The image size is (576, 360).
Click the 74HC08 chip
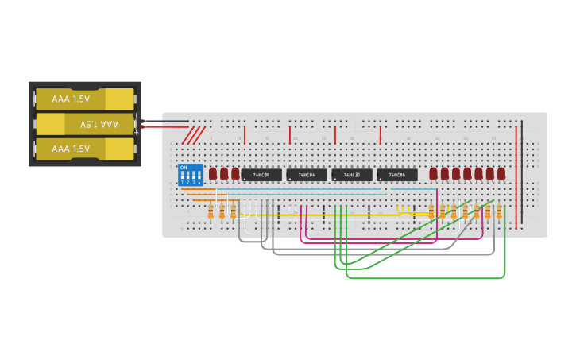(261, 175)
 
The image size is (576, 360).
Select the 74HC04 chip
(307, 175)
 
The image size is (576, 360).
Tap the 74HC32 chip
(352, 175)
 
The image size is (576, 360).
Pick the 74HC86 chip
(397, 175)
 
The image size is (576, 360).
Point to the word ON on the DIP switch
(184, 168)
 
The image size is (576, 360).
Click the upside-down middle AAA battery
(85, 124)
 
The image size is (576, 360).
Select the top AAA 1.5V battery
(85, 99)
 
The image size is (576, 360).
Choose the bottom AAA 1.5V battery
(85, 149)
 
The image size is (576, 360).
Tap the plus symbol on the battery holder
(136, 132)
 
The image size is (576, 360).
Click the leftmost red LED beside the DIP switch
(213, 172)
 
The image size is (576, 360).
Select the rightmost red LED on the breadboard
(501, 172)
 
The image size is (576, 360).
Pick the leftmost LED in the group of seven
(433, 172)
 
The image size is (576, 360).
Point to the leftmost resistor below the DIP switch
(211, 212)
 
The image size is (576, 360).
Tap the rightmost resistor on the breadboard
(499, 211)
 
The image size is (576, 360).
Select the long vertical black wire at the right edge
(522, 171)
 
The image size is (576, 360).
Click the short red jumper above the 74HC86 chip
(381, 134)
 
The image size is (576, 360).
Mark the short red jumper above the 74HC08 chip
(245, 134)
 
